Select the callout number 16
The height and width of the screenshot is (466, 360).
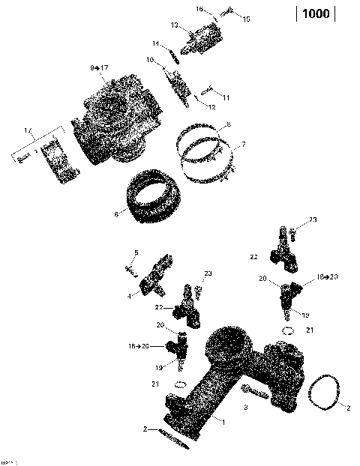pos(199,9)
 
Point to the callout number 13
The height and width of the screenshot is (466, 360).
pos(173,25)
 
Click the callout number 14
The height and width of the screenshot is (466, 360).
pos(155,43)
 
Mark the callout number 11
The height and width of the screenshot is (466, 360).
pos(226,98)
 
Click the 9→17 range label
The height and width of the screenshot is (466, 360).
pos(99,68)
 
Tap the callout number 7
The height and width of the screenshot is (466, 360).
pos(242,143)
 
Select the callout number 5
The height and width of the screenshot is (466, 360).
pos(136,252)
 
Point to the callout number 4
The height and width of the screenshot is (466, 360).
pos(129,296)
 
